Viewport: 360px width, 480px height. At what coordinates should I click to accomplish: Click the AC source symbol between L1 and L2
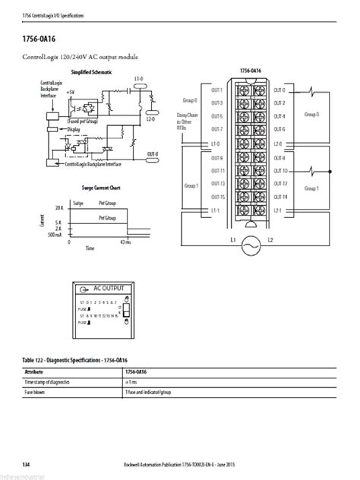click(x=250, y=245)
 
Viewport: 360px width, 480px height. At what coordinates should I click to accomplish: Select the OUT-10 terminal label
click(x=280, y=170)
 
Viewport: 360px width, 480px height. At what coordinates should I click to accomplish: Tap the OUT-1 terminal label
click(x=216, y=90)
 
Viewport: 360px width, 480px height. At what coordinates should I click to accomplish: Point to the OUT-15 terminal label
click(x=216, y=197)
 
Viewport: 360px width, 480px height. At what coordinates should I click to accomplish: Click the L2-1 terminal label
click(x=279, y=210)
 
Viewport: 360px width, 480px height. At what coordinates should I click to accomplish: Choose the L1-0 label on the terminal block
click(x=216, y=143)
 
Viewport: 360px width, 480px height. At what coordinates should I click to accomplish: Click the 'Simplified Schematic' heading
click(x=91, y=71)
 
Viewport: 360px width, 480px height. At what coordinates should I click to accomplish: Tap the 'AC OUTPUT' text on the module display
click(x=109, y=289)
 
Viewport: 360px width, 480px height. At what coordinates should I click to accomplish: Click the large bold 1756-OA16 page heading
click(x=43, y=36)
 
